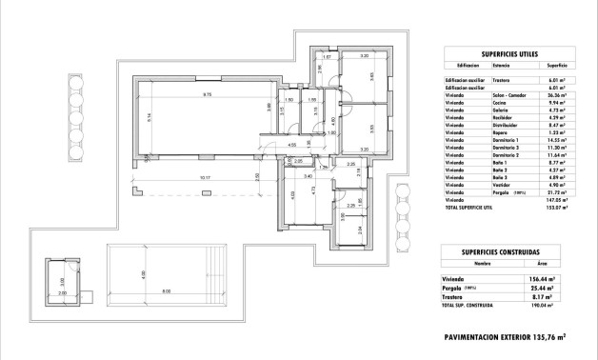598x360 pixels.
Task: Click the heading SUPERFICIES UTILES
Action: [505, 53]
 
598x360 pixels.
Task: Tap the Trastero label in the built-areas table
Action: [461, 295]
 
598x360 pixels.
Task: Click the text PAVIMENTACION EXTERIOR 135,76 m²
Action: [505, 336]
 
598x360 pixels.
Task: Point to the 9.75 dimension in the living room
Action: [206, 94]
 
